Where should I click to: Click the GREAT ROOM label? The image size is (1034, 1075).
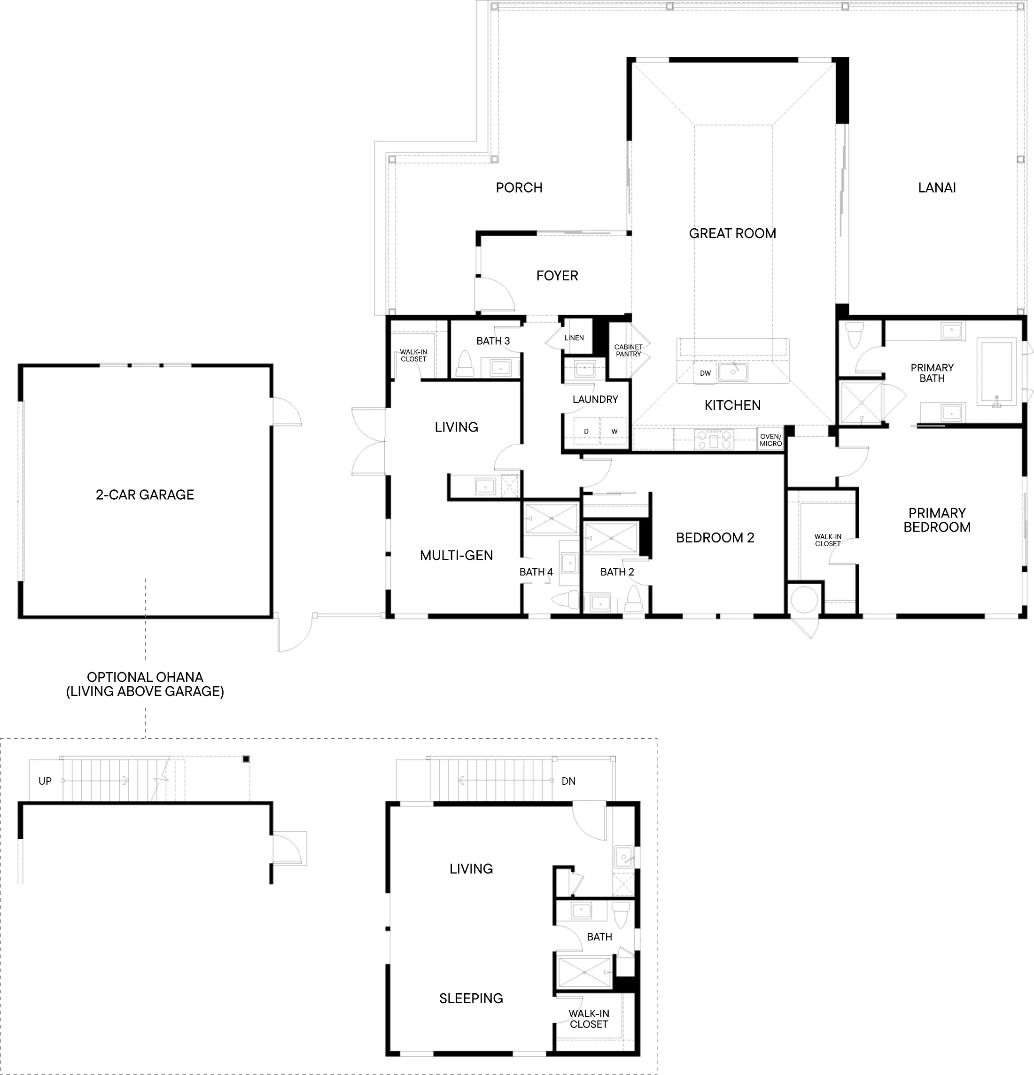pos(732,234)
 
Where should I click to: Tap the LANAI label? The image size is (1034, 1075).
pos(937,187)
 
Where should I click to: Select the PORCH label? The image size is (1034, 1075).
pos(519,187)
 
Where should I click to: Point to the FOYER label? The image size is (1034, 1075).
pos(557,276)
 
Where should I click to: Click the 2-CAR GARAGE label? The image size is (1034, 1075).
pos(145,495)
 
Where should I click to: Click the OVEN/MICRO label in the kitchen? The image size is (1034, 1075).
pos(771,440)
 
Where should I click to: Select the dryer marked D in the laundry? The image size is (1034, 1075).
pos(586,431)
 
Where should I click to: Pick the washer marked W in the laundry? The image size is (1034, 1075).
pos(614,431)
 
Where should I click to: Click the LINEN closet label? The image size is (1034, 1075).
pos(574,338)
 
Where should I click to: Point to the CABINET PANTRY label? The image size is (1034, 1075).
pos(628,350)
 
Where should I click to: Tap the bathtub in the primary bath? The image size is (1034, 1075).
pos(996,374)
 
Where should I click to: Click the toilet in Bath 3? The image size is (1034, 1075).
pos(465,364)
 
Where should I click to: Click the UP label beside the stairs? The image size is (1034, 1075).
pos(45,781)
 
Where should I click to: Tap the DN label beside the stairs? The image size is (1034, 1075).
pos(568,781)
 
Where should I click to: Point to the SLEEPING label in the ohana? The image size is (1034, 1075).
pos(471,998)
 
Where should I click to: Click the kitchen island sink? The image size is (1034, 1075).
pos(733,372)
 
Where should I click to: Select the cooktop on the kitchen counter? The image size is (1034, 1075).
pos(713,439)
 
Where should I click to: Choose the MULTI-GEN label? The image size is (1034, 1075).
pos(456,556)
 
